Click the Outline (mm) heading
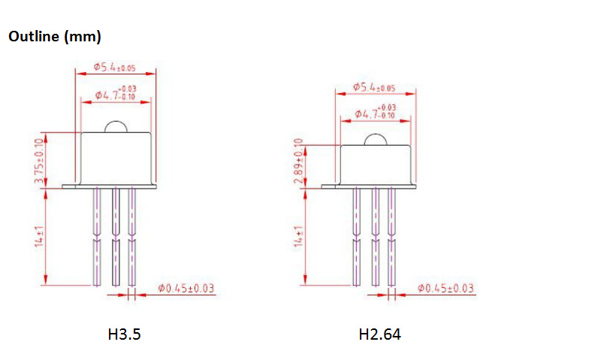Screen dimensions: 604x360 pos(55,37)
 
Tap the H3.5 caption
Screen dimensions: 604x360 pos(124,334)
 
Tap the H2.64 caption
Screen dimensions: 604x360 pos(379,334)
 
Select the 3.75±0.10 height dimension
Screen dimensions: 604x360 pos(39,161)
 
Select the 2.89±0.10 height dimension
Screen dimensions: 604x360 pos(298,161)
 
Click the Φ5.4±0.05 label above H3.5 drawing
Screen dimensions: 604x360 pos(115,67)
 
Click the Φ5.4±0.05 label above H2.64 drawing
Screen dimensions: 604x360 pos(374,87)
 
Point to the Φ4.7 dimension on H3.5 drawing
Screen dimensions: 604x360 pos(116,93)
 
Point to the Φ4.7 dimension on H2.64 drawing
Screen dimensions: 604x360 pos(375,112)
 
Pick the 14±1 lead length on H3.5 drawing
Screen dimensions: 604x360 pos(39,236)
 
